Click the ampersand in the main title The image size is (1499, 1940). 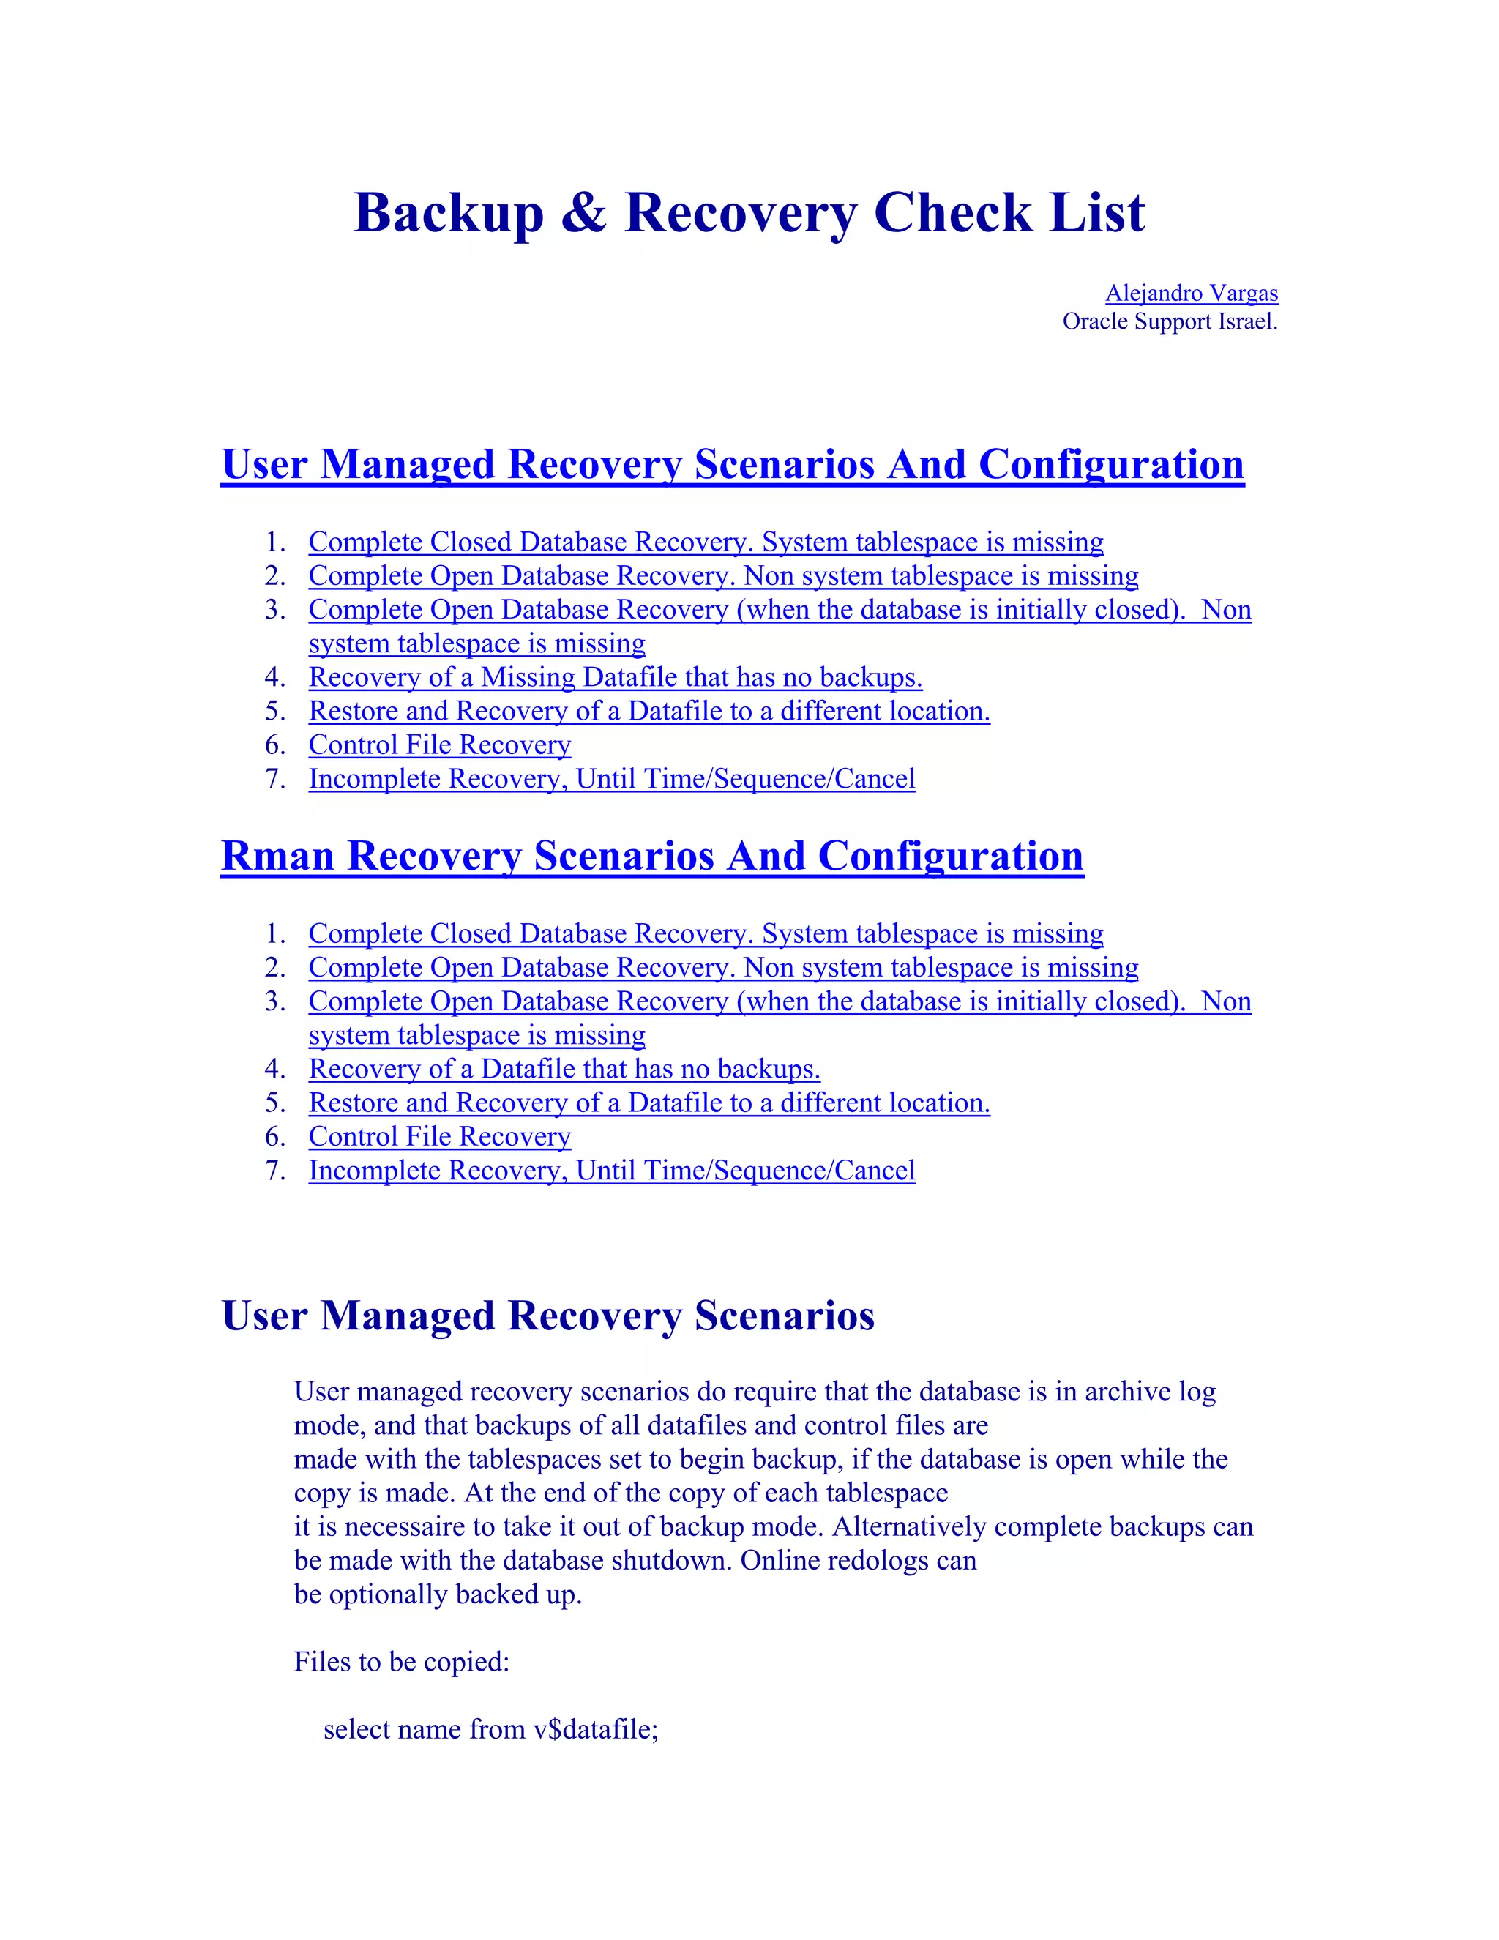click(x=583, y=213)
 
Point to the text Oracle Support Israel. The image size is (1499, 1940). click(x=1170, y=321)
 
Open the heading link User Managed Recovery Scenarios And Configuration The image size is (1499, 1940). click(x=732, y=465)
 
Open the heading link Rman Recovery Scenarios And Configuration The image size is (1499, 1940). click(x=652, y=857)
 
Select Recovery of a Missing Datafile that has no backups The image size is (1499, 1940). click(x=615, y=678)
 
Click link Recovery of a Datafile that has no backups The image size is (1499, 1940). click(x=564, y=1070)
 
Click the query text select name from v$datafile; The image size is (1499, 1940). click(x=490, y=1729)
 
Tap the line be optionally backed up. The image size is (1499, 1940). click(x=437, y=1594)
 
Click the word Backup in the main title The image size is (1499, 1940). click(x=449, y=213)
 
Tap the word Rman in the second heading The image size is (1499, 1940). click(x=277, y=857)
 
